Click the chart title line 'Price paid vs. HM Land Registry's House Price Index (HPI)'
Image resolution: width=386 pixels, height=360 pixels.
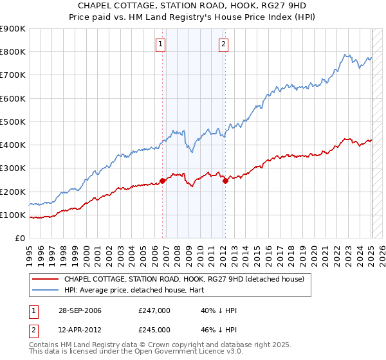pos(193,17)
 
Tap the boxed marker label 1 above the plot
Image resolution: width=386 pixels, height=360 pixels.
pos(160,44)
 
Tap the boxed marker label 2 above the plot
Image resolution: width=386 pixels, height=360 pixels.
pos(223,44)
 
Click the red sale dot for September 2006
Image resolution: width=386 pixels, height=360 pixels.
pos(162,181)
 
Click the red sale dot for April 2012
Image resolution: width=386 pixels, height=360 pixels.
pos(225,181)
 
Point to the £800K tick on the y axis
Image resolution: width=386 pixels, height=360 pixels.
pos(13,52)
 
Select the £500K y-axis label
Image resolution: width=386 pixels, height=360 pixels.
pos(13,122)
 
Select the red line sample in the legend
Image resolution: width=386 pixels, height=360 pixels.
pos(46,279)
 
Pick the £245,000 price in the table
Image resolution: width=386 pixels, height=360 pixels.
pos(154,330)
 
